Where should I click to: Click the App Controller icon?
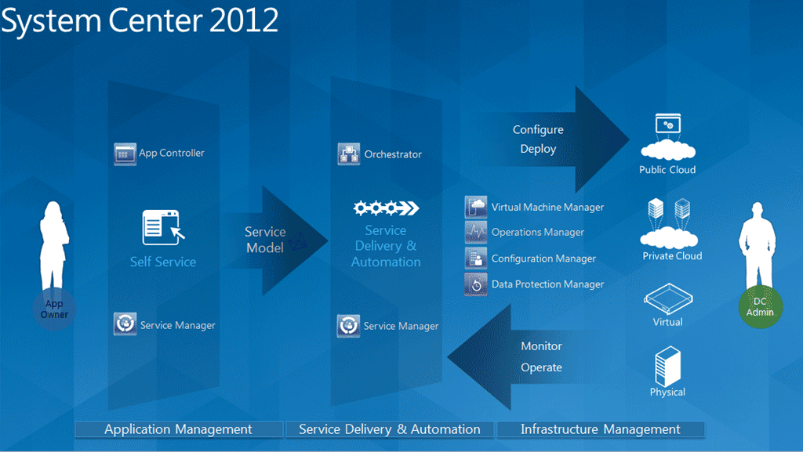pyautogui.click(x=125, y=154)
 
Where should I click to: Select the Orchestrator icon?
pyautogui.click(x=349, y=154)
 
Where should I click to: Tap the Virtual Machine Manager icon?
pyautogui.click(x=476, y=207)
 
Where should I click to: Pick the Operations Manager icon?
pyautogui.click(x=476, y=232)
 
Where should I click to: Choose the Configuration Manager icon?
pyautogui.click(x=476, y=259)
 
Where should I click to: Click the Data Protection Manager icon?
pyautogui.click(x=476, y=284)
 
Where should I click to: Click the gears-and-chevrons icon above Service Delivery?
pyautogui.click(x=386, y=208)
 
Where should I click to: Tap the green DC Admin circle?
pyautogui.click(x=761, y=307)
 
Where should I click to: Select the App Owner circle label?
pyautogui.click(x=54, y=309)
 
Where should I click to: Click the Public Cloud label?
pyautogui.click(x=667, y=170)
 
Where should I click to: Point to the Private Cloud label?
pyautogui.click(x=672, y=255)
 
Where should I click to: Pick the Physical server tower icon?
pyautogui.click(x=668, y=366)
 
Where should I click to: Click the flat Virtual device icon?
pyautogui.click(x=668, y=298)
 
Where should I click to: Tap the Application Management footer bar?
pyautogui.click(x=179, y=429)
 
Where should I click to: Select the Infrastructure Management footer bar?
pyautogui.click(x=601, y=429)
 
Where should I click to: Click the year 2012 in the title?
pyautogui.click(x=244, y=20)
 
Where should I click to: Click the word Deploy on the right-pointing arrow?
pyautogui.click(x=538, y=150)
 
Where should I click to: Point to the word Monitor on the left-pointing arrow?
pyautogui.click(x=541, y=346)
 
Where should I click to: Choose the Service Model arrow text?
pyautogui.click(x=265, y=240)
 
